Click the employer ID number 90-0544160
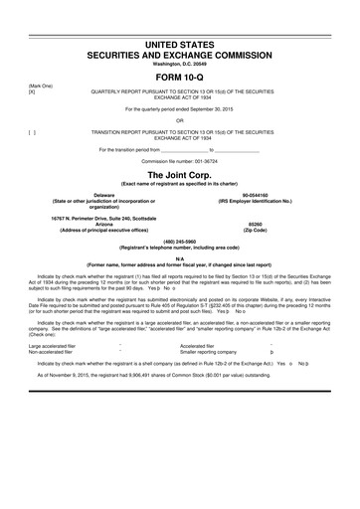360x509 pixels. click(x=273, y=195)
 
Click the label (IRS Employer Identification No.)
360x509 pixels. click(x=273, y=202)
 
